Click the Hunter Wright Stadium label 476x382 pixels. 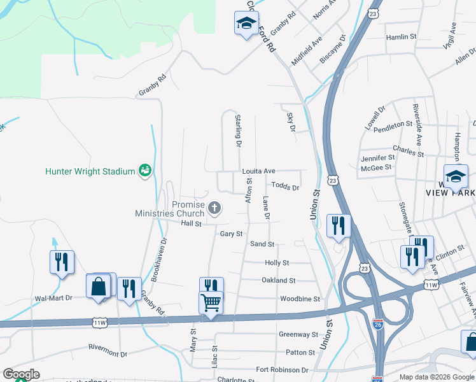click(90, 171)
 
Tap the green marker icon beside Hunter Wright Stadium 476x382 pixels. click(146, 170)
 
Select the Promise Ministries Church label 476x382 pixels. click(171, 209)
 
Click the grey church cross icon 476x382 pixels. click(215, 207)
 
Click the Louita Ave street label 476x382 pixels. click(258, 171)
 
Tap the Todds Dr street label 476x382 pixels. click(285, 187)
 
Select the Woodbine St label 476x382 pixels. click(300, 299)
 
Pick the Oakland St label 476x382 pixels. click(279, 280)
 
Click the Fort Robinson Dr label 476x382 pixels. click(282, 370)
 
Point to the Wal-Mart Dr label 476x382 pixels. click(53, 298)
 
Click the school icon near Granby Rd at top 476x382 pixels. click(245, 24)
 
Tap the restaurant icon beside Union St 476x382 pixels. click(337, 226)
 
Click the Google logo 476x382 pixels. click(21, 374)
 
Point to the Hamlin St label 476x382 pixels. click(401, 38)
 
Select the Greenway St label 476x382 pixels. click(298, 334)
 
